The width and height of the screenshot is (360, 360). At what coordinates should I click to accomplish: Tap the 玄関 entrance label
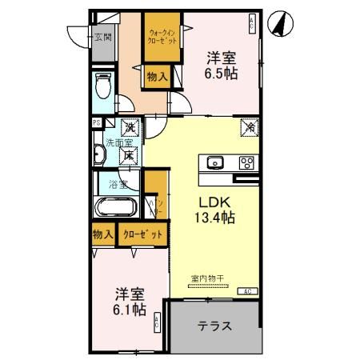[102, 38]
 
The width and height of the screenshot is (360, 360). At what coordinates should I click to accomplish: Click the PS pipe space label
[97, 122]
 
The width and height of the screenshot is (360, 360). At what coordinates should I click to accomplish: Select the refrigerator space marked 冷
[250, 126]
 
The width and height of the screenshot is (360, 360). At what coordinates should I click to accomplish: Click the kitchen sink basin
[215, 163]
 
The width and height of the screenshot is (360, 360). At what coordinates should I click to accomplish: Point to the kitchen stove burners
[246, 163]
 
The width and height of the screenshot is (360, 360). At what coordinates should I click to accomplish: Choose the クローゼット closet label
[145, 234]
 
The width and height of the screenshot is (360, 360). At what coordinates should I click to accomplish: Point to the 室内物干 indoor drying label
[207, 278]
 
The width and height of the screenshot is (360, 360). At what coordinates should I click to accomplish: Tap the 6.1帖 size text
[128, 307]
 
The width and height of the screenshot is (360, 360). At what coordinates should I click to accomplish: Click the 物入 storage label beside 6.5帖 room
[156, 77]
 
